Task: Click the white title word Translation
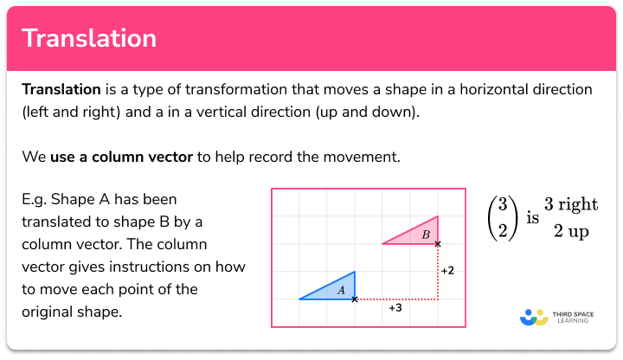click(89, 38)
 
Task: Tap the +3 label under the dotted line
click(395, 308)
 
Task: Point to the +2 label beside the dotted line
click(447, 271)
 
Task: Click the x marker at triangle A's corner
click(355, 299)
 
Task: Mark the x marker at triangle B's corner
click(438, 244)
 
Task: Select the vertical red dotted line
click(438, 272)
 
